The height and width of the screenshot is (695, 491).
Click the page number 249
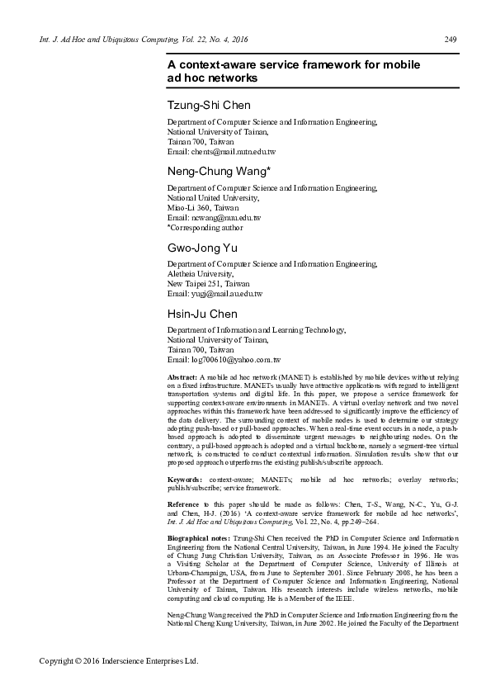pos(451,40)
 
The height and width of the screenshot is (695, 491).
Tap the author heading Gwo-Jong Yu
pos(200,247)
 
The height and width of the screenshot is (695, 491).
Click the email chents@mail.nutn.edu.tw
pos(221,152)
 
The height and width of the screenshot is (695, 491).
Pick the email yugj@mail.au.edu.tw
pos(215,294)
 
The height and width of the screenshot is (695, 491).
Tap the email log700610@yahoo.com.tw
pos(224,361)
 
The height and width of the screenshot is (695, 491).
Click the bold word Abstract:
pos(182,376)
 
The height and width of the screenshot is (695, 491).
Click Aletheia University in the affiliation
pos(201,274)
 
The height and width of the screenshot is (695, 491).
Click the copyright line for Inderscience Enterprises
pos(120,661)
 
